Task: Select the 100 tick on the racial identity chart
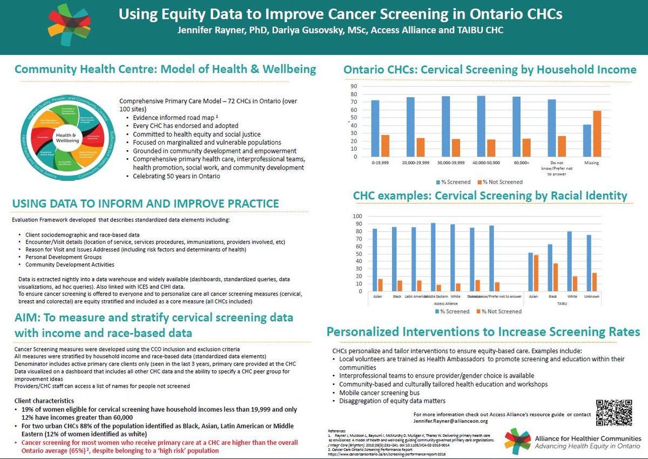point(357,217)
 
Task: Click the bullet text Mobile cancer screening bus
point(380,392)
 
